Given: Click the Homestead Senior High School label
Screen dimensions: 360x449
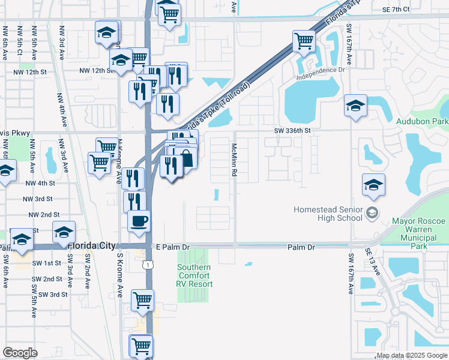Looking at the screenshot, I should (x=327, y=214).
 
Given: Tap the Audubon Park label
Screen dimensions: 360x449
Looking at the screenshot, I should (x=422, y=121).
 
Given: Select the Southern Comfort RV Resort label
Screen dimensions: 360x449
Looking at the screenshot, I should (x=194, y=275).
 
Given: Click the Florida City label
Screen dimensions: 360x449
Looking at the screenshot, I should (x=91, y=246).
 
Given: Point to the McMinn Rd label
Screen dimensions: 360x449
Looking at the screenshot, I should (x=234, y=159).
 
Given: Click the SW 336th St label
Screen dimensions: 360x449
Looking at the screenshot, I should (x=293, y=130).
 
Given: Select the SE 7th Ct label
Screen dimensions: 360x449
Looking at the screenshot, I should (x=395, y=10).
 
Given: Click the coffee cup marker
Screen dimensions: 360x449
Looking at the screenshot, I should (x=139, y=221).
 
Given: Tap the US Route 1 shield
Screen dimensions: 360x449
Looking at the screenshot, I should (x=147, y=263).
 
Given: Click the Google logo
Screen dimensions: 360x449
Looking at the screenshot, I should (x=20, y=352).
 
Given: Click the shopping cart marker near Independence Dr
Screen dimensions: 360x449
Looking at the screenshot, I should (x=304, y=41).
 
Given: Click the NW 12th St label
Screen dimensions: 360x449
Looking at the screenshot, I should (x=97, y=71).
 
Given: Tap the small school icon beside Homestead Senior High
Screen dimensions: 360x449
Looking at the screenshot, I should (x=372, y=213).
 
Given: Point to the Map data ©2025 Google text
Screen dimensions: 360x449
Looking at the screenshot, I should (x=412, y=356).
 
